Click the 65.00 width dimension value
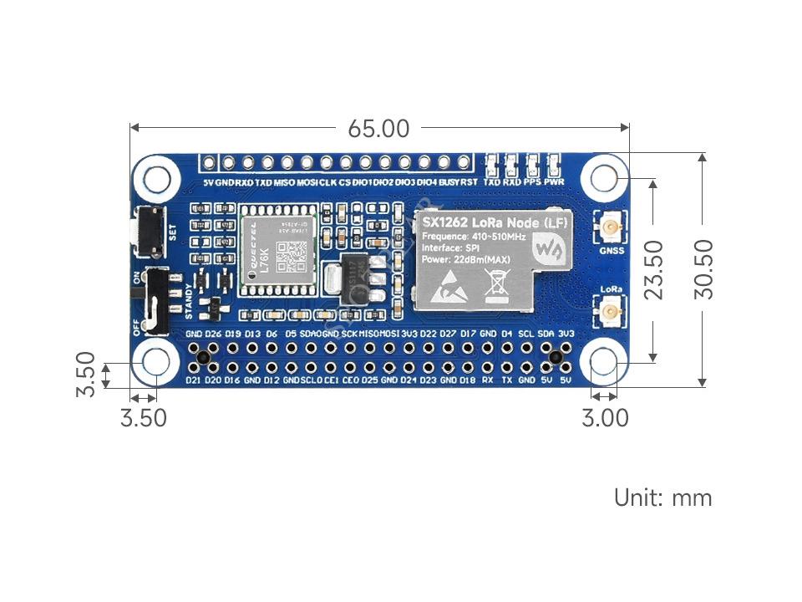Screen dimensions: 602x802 378,129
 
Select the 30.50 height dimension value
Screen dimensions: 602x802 703,269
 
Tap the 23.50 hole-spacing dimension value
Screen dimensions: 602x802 652,269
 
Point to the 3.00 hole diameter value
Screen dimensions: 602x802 605,417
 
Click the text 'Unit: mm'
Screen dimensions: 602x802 663,498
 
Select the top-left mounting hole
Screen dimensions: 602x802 156,177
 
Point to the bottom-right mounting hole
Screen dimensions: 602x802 604,363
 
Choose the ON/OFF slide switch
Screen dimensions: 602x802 156,299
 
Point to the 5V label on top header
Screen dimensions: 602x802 208,182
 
